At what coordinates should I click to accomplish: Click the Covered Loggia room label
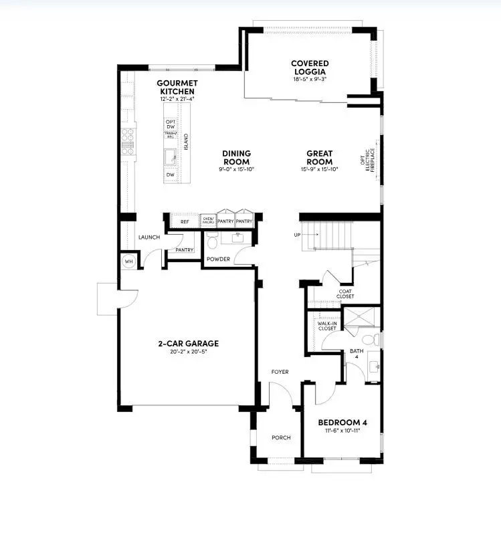[x=309, y=68]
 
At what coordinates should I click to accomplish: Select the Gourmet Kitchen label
[x=176, y=87]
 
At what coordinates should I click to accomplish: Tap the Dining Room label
[x=236, y=157]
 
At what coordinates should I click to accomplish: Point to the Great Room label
[x=319, y=157]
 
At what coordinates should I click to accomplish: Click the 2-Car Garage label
[x=188, y=344]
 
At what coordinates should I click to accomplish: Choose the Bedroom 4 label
[x=342, y=423]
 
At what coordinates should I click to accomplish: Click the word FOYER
[x=279, y=372]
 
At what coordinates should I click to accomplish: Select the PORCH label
[x=281, y=438]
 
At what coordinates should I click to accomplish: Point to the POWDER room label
[x=218, y=259]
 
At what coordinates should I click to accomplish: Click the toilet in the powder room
[x=211, y=239]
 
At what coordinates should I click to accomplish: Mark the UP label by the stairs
[x=296, y=235]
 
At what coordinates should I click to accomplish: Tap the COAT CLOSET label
[x=345, y=294]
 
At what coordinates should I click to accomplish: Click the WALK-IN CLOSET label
[x=327, y=326]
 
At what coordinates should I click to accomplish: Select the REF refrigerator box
[x=185, y=221]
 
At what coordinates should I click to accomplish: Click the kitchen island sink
[x=170, y=157]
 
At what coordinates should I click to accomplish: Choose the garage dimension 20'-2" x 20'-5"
[x=188, y=352]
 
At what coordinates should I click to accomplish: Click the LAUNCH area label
[x=148, y=237]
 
